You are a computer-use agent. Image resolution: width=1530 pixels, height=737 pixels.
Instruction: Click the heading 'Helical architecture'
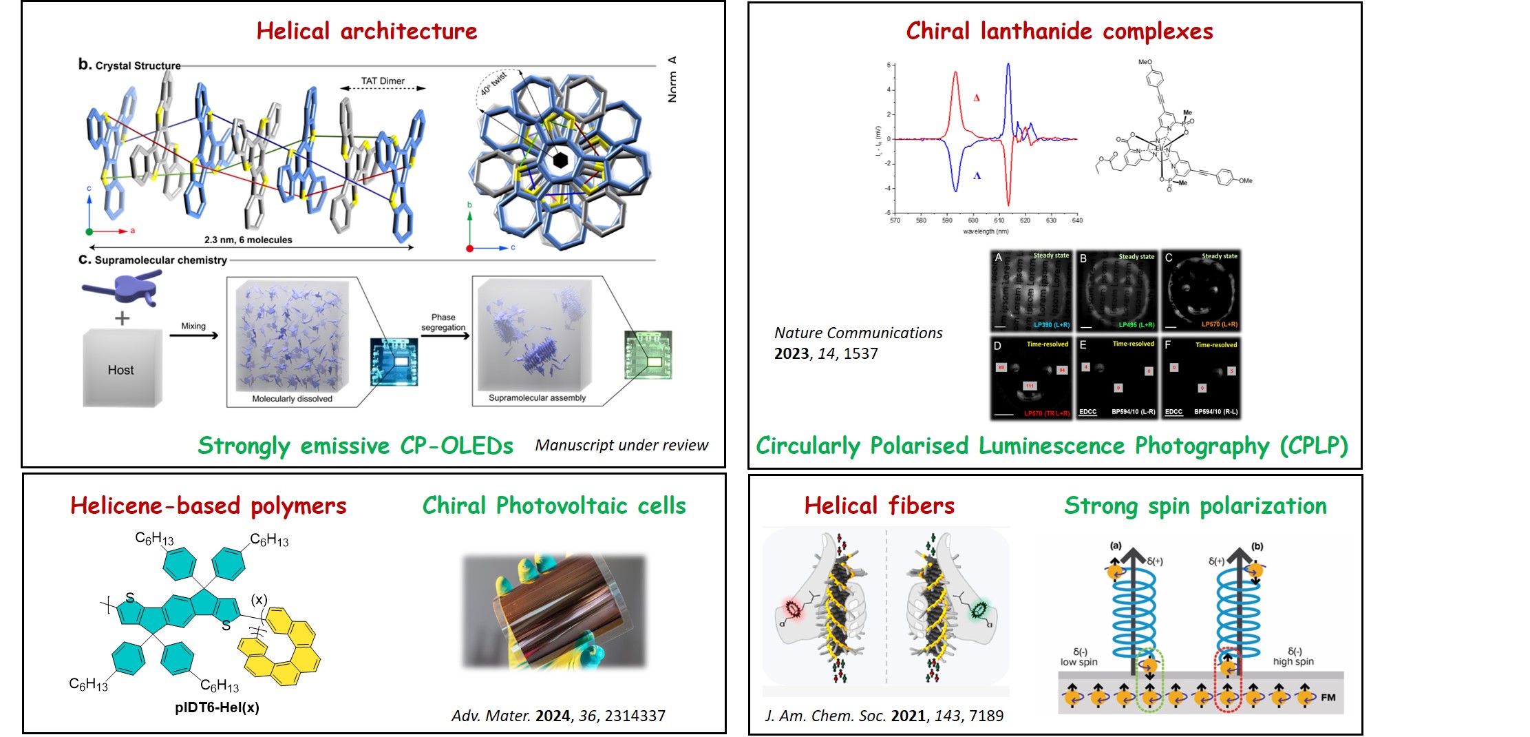[366, 31]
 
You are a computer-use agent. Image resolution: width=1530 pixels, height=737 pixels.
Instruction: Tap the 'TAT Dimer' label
[383, 81]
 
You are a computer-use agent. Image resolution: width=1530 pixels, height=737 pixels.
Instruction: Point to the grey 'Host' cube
[122, 369]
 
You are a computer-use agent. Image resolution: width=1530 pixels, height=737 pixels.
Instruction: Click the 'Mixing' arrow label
[193, 326]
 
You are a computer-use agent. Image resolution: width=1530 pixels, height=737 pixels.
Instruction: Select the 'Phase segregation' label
[443, 322]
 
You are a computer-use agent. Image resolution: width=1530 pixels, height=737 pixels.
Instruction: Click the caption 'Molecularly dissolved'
[292, 399]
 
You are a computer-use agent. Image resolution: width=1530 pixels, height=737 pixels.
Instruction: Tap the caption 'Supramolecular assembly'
[537, 397]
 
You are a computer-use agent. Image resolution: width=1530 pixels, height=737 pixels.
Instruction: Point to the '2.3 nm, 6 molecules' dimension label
[248, 240]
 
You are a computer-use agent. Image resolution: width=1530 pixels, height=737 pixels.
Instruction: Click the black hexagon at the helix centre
[560, 160]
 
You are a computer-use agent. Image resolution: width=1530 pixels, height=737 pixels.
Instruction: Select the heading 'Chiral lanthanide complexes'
[1059, 31]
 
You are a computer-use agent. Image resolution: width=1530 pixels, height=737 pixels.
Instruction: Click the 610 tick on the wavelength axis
[999, 220]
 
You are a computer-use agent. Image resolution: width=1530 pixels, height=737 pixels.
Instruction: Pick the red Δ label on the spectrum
[976, 98]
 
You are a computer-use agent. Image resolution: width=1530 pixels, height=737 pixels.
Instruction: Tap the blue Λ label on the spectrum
[977, 176]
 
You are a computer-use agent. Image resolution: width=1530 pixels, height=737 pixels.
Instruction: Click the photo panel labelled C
[1201, 291]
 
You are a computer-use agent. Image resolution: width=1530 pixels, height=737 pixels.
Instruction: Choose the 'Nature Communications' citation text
[858, 333]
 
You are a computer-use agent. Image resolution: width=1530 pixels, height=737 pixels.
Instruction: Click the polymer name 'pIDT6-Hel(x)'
[217, 707]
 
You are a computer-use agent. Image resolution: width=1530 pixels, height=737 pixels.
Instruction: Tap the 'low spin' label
[1079, 662]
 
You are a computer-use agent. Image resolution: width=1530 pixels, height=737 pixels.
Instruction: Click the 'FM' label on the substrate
[1328, 697]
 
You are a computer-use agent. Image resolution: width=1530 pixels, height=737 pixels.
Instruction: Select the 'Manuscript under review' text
[621, 446]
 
